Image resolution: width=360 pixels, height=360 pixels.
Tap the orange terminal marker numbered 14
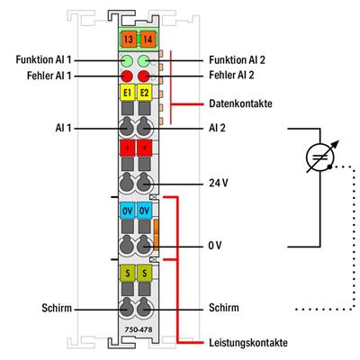click(146, 39)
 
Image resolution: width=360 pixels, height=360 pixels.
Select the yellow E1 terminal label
click(126, 92)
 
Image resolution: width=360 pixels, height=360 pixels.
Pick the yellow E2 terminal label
click(145, 92)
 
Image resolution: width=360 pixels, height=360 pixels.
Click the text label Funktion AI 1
click(45, 59)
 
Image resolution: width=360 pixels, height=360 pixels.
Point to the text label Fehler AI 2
click(233, 76)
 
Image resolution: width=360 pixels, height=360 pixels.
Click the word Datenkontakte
click(238, 103)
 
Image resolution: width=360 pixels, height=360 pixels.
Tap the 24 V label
click(217, 183)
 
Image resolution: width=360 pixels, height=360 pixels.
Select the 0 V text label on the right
click(215, 244)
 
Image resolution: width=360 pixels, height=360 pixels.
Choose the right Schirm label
click(223, 307)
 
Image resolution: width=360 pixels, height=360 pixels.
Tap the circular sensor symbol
click(319, 157)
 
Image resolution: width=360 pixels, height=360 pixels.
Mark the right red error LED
click(145, 76)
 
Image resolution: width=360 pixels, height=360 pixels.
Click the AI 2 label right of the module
click(216, 129)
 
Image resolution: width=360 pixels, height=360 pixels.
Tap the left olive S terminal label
click(126, 271)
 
